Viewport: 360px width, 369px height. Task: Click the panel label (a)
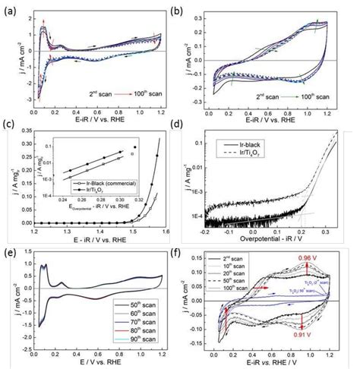[x=9, y=10]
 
